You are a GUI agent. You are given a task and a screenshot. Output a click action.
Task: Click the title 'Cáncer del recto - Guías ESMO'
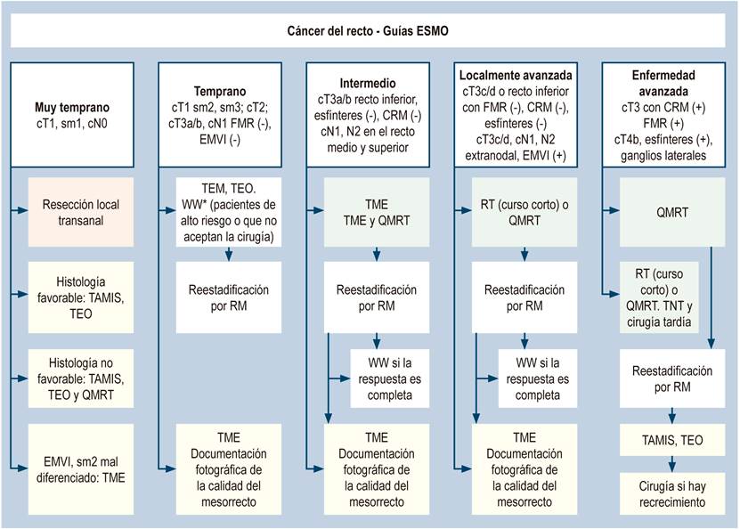click(368, 31)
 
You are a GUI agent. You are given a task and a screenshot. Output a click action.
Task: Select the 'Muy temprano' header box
click(72, 115)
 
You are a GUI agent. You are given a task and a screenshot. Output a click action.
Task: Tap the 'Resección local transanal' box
click(81, 212)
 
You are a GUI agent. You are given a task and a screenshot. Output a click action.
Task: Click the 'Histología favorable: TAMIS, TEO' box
click(81, 297)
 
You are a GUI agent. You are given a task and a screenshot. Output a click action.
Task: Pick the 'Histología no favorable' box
click(81, 378)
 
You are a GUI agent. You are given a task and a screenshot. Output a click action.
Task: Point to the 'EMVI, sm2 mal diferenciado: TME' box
click(81, 469)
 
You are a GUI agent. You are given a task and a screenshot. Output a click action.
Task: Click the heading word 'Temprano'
click(220, 91)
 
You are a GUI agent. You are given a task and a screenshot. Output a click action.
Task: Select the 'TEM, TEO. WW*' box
click(229, 212)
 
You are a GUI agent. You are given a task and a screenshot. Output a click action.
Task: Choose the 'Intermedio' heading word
click(368, 83)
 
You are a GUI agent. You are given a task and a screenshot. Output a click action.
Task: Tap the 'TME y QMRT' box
click(377, 212)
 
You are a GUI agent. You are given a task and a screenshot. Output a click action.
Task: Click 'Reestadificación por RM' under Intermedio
click(377, 297)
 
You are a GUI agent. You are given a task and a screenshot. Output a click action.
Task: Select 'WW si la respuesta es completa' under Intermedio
click(390, 378)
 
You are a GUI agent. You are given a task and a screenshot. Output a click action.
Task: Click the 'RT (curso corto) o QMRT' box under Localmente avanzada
click(525, 212)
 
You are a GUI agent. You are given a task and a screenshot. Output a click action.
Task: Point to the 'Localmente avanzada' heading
click(516, 75)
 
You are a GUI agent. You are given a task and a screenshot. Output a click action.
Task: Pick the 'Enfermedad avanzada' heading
click(663, 83)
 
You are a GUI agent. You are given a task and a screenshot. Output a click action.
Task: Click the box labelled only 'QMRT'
click(672, 212)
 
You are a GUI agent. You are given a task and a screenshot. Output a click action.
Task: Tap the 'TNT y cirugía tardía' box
click(659, 297)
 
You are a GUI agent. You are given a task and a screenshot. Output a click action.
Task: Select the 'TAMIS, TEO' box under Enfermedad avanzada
click(672, 440)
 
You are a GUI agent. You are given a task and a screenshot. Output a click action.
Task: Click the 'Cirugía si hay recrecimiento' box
click(672, 493)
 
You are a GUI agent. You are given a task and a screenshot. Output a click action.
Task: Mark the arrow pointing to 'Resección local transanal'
click(20, 210)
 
